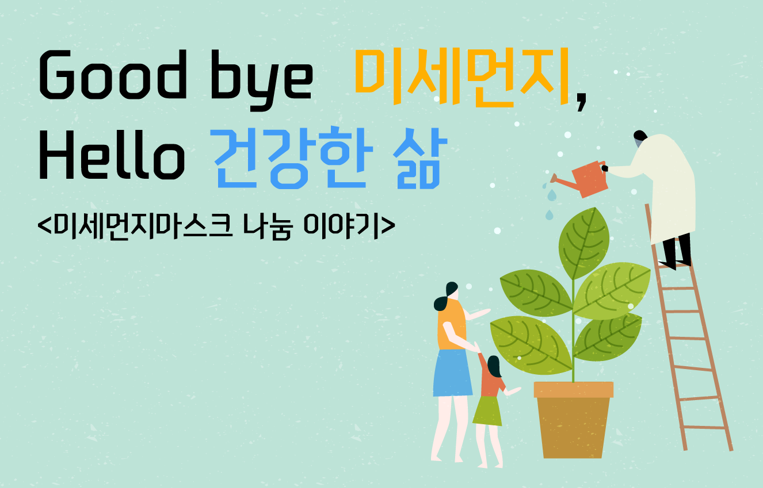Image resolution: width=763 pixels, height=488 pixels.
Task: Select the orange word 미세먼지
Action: click(462, 77)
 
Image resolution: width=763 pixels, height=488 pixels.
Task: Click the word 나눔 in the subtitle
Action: click(268, 226)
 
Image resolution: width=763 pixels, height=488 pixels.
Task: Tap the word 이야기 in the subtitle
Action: click(341, 226)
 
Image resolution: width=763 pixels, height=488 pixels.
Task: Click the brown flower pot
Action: click(574, 420)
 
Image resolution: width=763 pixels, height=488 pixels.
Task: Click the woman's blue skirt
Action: click(452, 373)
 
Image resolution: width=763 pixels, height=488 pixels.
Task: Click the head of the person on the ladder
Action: click(640, 137)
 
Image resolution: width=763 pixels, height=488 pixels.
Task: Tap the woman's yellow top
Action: click(452, 325)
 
